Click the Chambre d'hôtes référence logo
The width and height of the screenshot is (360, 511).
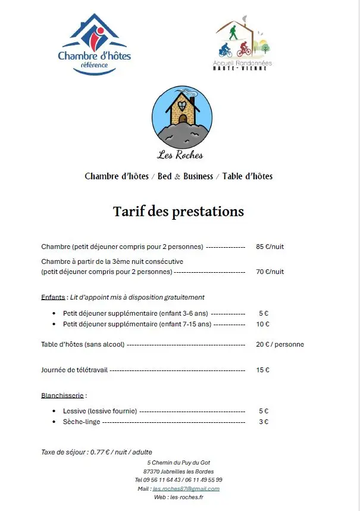point(94,45)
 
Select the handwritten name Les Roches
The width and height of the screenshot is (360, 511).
point(180,155)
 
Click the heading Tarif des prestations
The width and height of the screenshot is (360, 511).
point(179,211)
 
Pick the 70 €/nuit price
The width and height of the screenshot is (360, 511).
point(270,272)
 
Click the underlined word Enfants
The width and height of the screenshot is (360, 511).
point(53,297)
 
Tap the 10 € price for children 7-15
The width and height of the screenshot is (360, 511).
point(263,324)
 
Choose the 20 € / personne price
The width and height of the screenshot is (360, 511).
point(280,344)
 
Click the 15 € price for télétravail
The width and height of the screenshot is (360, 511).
point(263,370)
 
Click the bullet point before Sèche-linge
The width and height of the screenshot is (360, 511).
point(54,422)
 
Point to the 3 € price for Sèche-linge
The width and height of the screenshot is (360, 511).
point(263,422)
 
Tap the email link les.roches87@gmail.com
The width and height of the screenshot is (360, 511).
point(186,489)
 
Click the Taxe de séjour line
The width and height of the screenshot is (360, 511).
point(96,452)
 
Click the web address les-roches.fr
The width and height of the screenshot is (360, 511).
point(187,497)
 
